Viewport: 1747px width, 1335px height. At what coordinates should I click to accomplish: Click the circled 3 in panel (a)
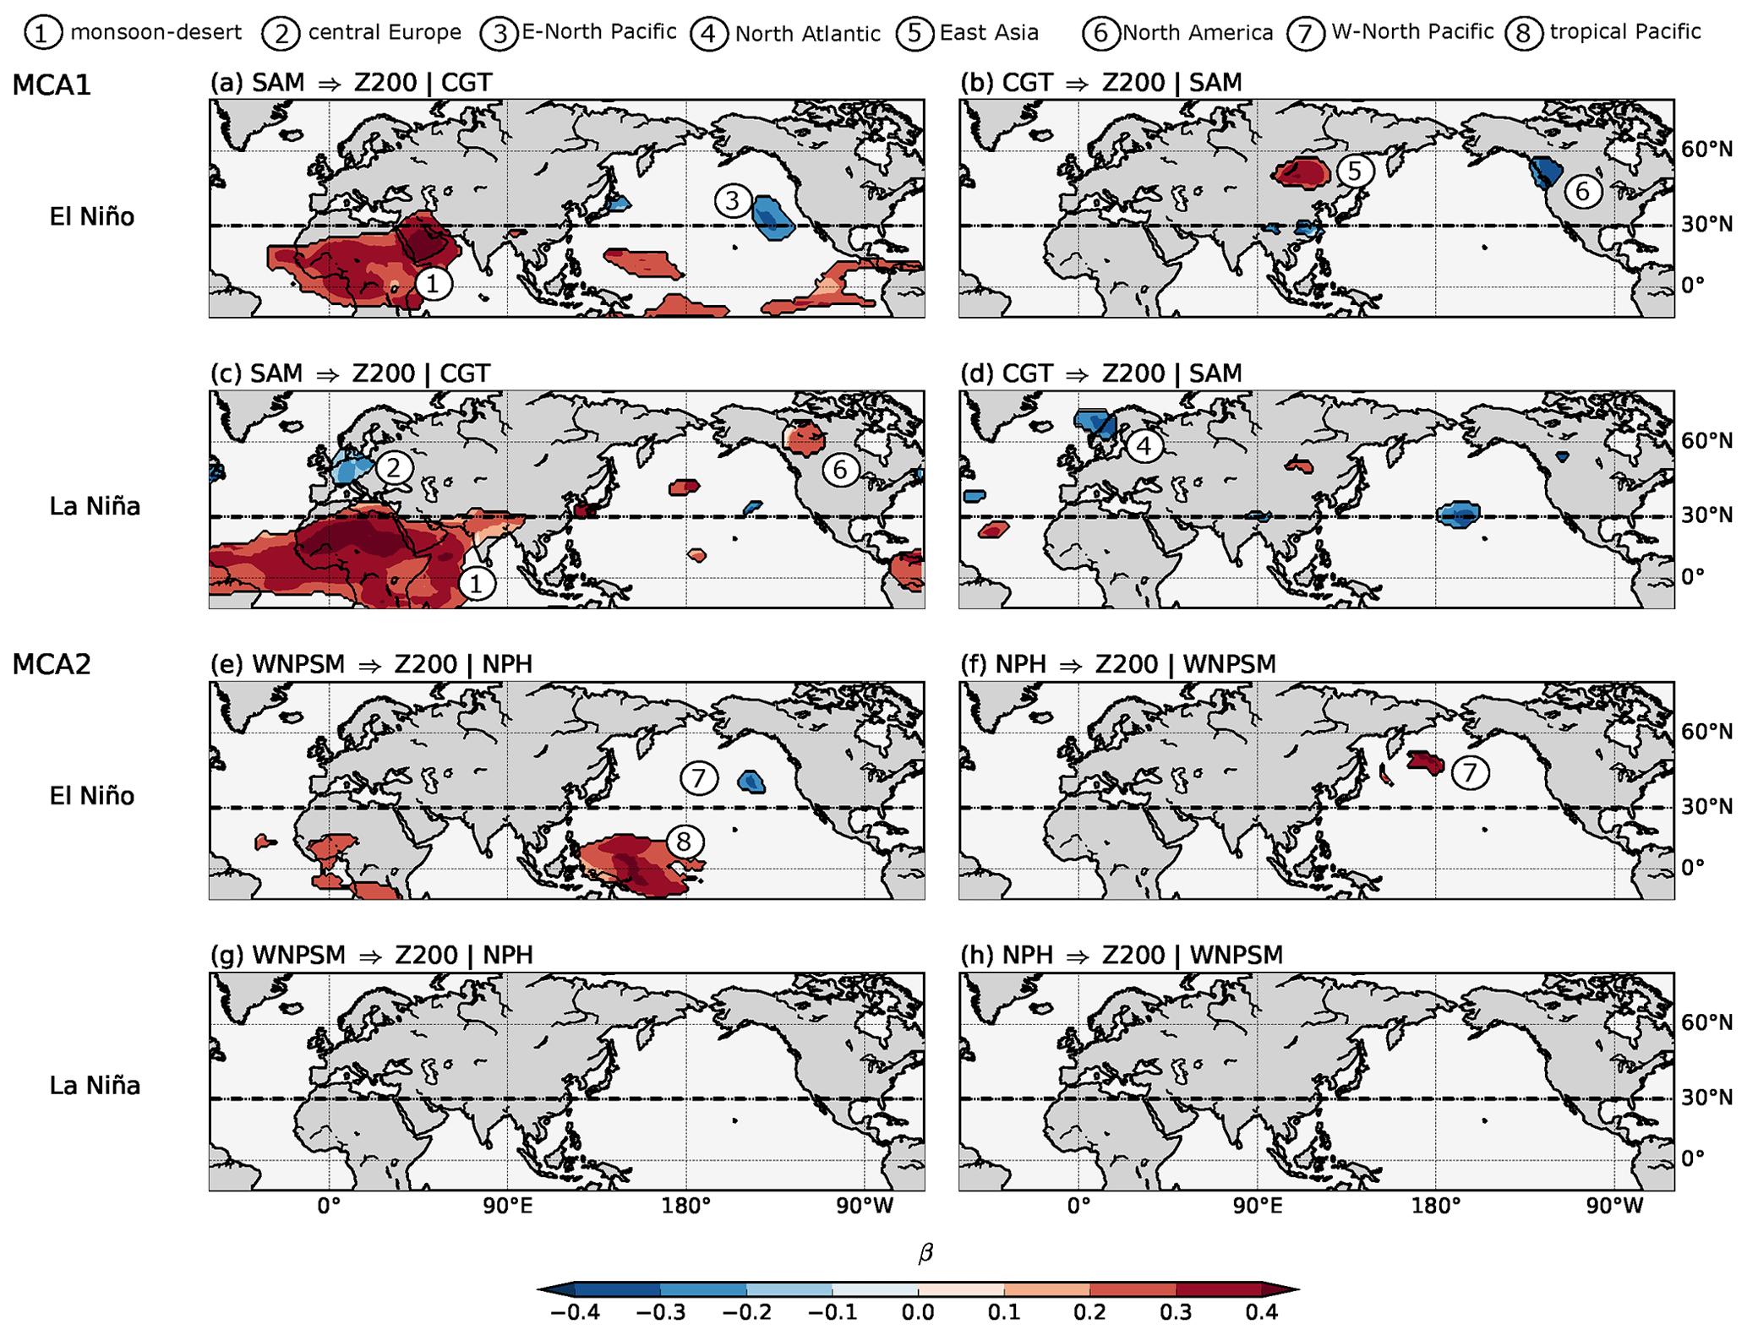coord(732,201)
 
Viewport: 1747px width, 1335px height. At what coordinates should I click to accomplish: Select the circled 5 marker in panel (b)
coord(1354,171)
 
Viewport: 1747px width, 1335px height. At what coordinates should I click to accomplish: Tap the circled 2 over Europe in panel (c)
coord(394,467)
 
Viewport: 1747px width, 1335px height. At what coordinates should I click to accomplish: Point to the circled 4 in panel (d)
coord(1144,445)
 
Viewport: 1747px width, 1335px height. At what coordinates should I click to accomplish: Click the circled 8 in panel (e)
coord(684,841)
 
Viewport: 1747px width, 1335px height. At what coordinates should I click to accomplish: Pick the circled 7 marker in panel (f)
coord(1470,772)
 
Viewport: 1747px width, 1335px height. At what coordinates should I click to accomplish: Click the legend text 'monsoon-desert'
coord(156,32)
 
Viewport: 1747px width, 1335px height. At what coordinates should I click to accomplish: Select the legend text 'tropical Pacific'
coord(1624,32)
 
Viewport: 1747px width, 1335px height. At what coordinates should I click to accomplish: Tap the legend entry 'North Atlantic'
coord(807,34)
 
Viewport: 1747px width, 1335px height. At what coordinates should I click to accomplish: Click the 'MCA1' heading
coord(52,85)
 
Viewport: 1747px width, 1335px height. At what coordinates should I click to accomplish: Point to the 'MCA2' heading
coord(52,665)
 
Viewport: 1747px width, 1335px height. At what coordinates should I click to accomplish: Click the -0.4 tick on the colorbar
coord(575,1312)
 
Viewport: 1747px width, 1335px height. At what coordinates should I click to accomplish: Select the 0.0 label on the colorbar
coord(918,1312)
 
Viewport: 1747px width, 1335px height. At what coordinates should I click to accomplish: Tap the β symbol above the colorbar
coord(925,1253)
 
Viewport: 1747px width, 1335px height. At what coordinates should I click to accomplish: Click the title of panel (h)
coord(1121,955)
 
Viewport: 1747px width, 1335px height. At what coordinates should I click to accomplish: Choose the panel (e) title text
coord(371,664)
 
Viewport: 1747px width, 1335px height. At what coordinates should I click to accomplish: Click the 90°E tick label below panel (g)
coord(507,1206)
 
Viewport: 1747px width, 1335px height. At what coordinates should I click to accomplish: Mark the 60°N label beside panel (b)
coord(1706,150)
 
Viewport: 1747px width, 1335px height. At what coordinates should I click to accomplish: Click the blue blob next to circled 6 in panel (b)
coord(1547,172)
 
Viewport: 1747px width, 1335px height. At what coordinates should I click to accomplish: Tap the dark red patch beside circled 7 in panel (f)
coord(1426,762)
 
